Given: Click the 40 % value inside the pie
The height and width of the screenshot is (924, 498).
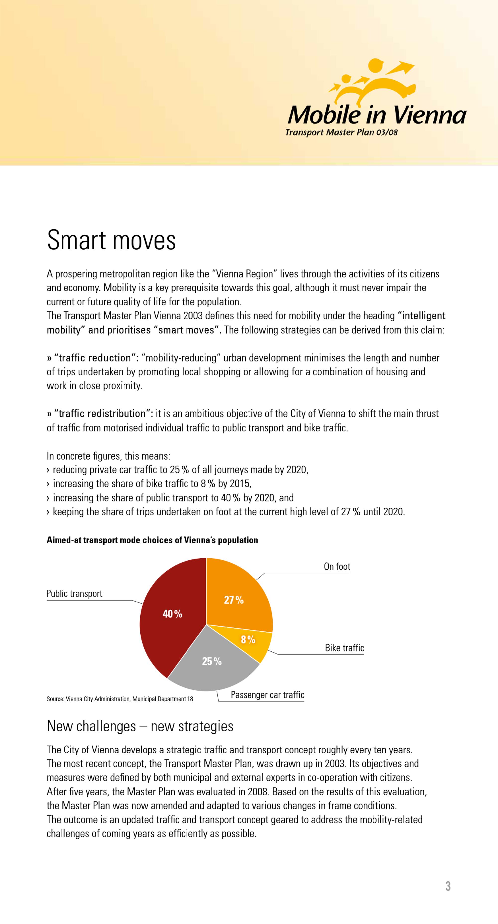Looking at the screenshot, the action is coord(173,614).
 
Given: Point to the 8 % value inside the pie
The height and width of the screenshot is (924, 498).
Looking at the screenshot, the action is coord(248,639).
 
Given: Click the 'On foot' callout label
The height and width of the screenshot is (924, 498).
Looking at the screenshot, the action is coord(337,566).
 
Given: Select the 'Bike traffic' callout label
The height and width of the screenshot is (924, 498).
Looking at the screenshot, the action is coord(344,648).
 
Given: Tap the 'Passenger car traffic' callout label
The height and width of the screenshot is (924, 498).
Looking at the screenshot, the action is coord(267,695).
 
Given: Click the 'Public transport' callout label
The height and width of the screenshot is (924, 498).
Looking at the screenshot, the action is coord(74,594).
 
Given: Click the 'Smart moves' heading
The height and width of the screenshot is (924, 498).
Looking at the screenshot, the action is coord(111,240).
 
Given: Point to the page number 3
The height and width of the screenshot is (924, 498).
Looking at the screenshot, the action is coord(448,886).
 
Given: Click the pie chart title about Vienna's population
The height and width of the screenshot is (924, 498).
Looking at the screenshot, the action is coord(152,540).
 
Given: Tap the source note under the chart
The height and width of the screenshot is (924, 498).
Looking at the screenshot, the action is coord(120,699).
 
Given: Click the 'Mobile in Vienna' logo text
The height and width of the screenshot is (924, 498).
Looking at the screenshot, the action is coord(377,115).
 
